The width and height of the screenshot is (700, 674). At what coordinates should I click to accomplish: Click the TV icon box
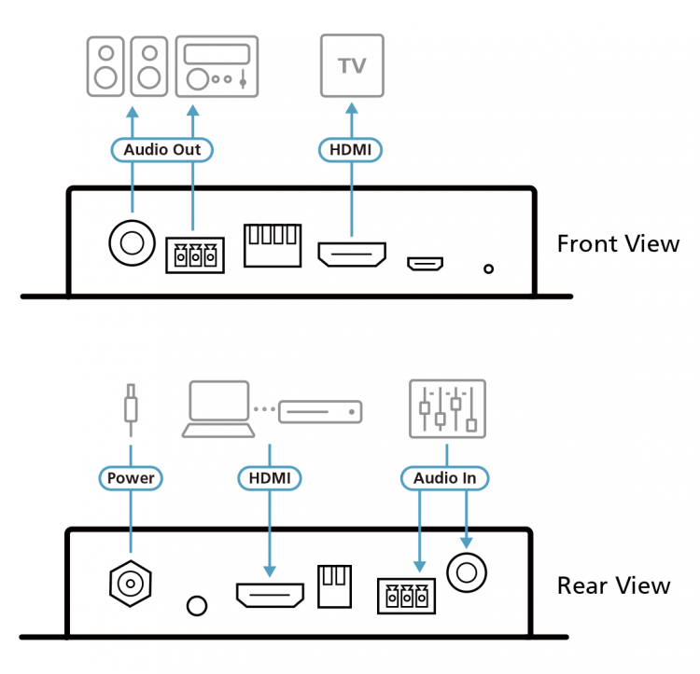pyautogui.click(x=352, y=65)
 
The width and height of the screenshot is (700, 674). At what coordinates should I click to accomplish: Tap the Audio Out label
pyautogui.click(x=162, y=148)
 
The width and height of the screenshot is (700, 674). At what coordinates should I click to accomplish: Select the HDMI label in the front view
pyautogui.click(x=351, y=148)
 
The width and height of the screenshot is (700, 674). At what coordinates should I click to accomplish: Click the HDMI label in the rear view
pyautogui.click(x=270, y=478)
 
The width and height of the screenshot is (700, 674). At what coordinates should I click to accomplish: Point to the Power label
pyautogui.click(x=131, y=478)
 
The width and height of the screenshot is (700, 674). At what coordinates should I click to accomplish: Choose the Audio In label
pyautogui.click(x=444, y=478)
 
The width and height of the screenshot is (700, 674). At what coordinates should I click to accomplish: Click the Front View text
pyautogui.click(x=618, y=244)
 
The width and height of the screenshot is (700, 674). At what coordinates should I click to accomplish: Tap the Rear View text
pyautogui.click(x=613, y=585)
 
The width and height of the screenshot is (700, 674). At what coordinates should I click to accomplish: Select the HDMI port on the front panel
pyautogui.click(x=352, y=254)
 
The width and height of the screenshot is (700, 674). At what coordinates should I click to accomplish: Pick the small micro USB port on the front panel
pyautogui.click(x=425, y=264)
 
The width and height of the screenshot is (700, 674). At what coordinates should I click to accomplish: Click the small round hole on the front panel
pyautogui.click(x=488, y=270)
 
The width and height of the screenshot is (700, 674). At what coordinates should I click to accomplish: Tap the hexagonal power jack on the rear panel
pyautogui.click(x=131, y=584)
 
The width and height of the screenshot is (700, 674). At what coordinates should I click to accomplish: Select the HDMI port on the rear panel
pyautogui.click(x=270, y=595)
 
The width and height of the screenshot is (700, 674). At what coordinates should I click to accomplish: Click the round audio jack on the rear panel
pyautogui.click(x=468, y=569)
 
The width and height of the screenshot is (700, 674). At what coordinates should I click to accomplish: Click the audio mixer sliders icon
pyautogui.click(x=447, y=408)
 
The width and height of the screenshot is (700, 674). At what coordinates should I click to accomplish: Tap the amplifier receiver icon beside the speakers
pyautogui.click(x=216, y=65)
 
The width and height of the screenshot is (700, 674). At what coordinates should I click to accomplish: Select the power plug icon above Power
pyautogui.click(x=131, y=410)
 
